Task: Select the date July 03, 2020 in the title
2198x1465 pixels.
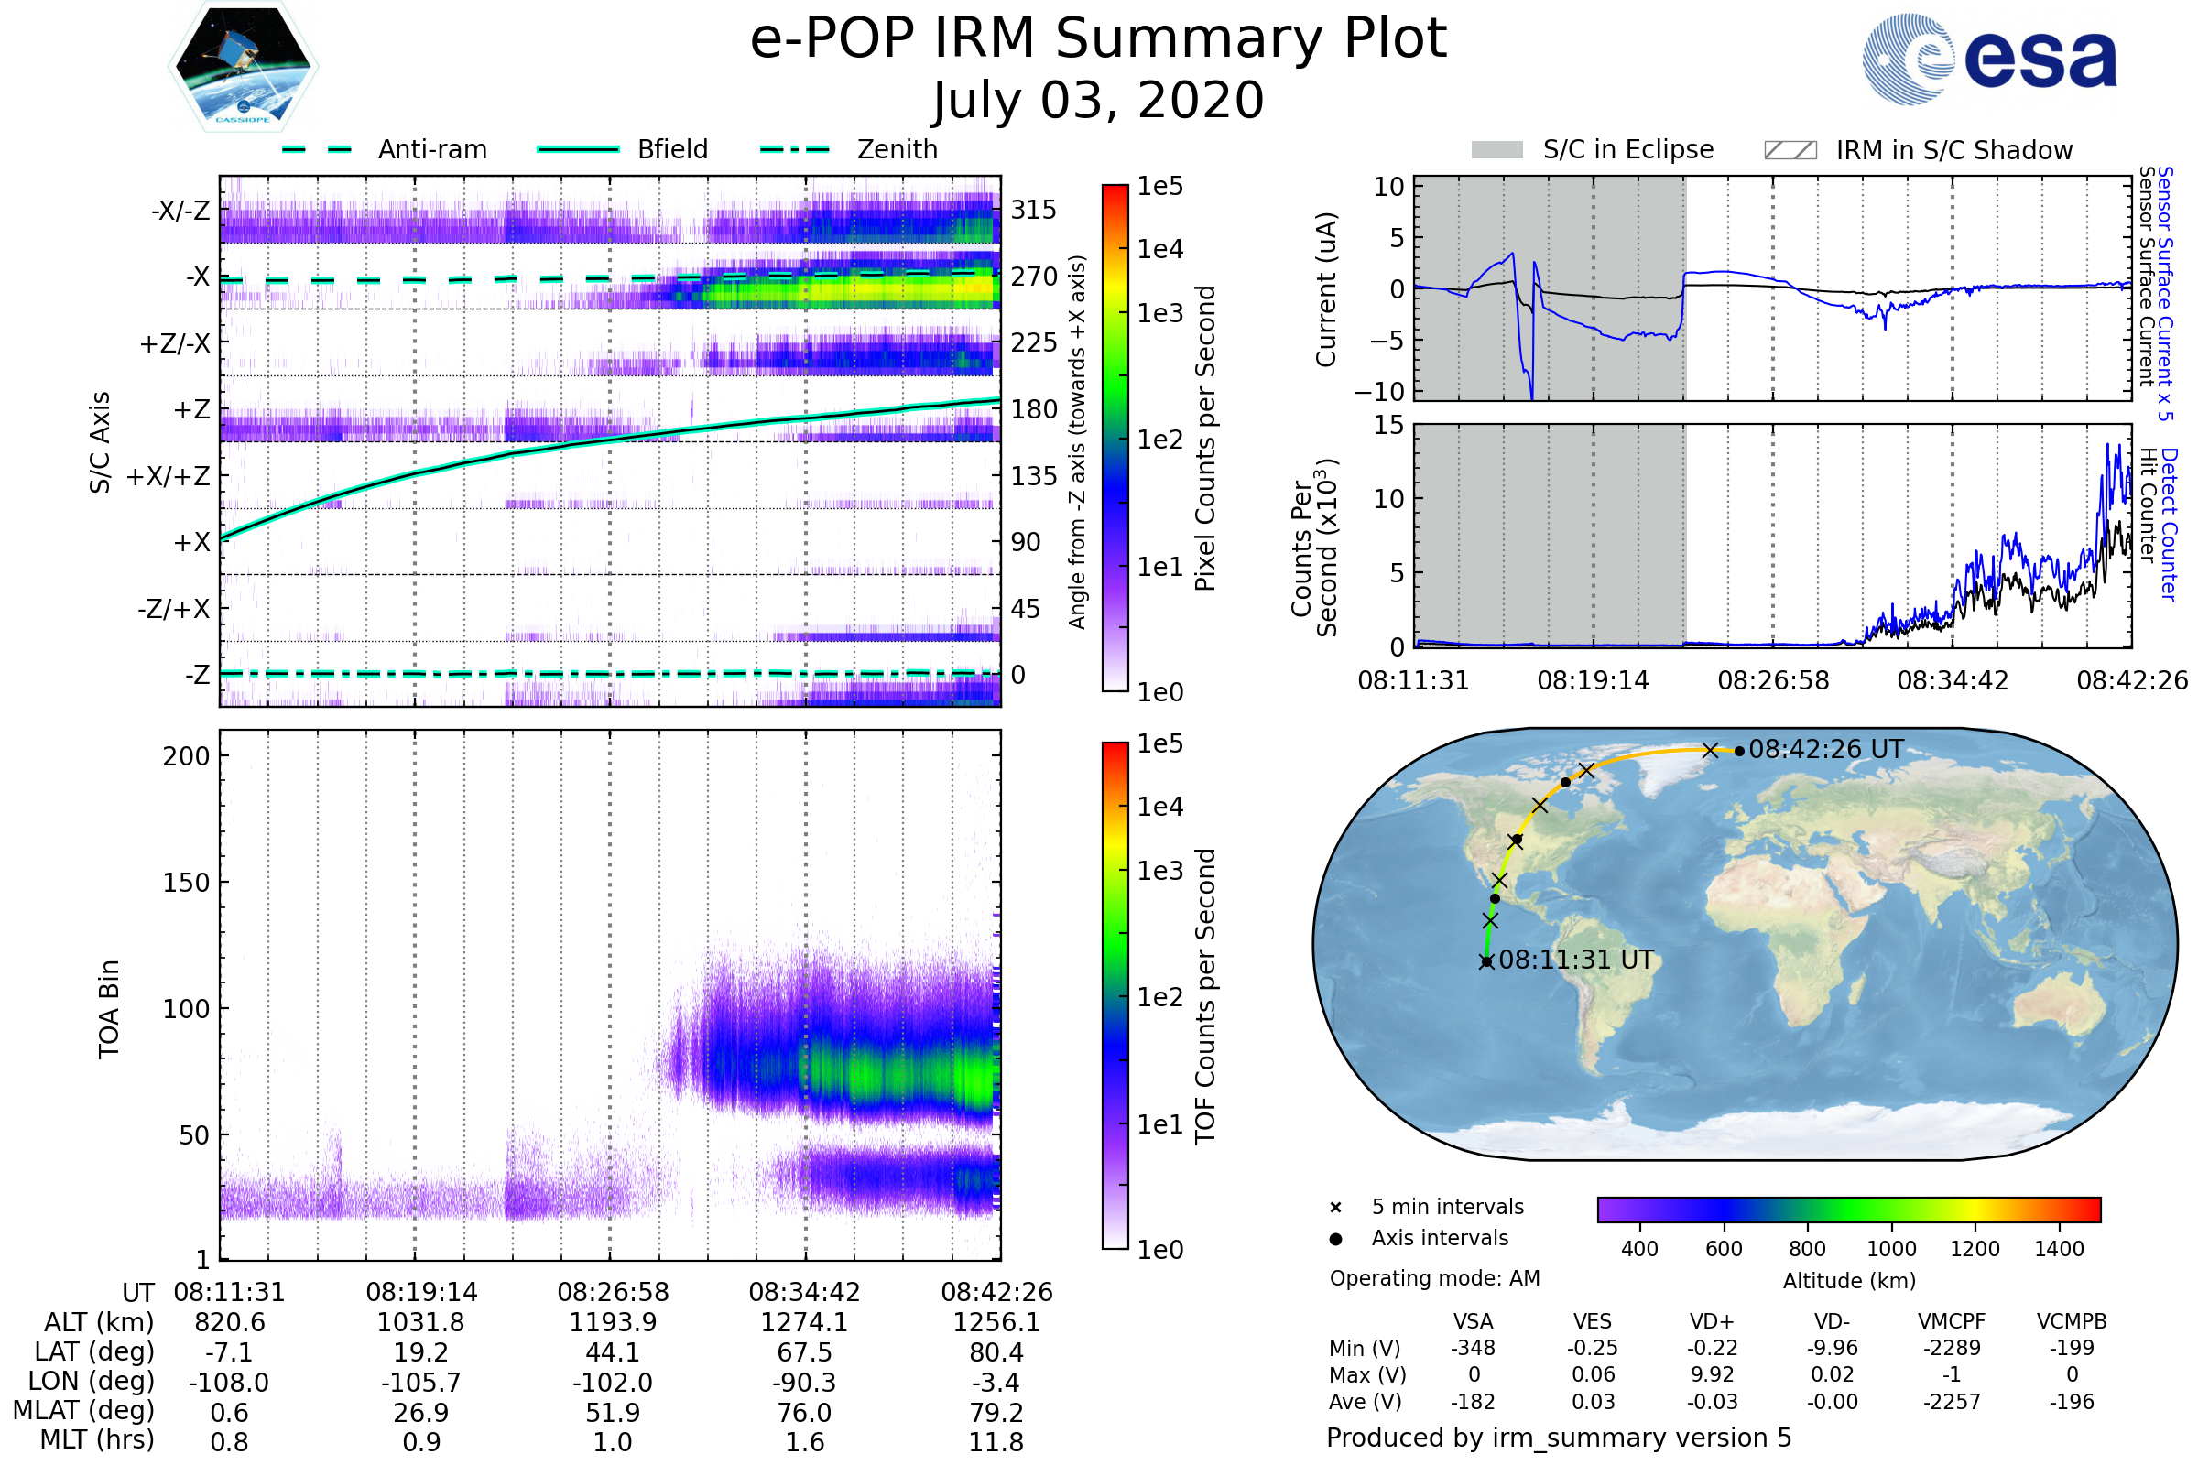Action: pyautogui.click(x=1098, y=101)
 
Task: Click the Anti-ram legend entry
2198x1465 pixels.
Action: pyautogui.click(x=431, y=149)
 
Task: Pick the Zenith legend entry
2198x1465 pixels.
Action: pyautogui.click(x=897, y=149)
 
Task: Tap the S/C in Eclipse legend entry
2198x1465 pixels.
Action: pyautogui.click(x=1627, y=149)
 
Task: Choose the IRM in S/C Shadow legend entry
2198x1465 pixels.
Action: pyautogui.click(x=1953, y=150)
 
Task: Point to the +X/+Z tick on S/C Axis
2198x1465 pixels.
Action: pyautogui.click(x=169, y=476)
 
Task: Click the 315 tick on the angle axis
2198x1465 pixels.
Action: pyautogui.click(x=1034, y=210)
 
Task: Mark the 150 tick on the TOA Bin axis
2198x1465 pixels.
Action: pyautogui.click(x=186, y=883)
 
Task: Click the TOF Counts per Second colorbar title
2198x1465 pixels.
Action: pyautogui.click(x=1205, y=996)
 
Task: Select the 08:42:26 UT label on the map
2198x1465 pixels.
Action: pyautogui.click(x=1825, y=749)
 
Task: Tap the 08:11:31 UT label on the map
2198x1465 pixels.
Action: pyautogui.click(x=1575, y=960)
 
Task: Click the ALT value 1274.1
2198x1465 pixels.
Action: pyautogui.click(x=804, y=1322)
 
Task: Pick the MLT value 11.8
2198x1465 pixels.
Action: pyautogui.click(x=996, y=1441)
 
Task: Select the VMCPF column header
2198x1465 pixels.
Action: pyautogui.click(x=1952, y=1321)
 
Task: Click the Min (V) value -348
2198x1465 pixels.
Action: pyautogui.click(x=1473, y=1347)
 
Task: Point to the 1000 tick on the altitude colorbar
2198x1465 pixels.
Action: pyautogui.click(x=1890, y=1248)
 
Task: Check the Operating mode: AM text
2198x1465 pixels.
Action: pyautogui.click(x=1434, y=1277)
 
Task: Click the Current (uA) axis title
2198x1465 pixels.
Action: pyautogui.click(x=1326, y=288)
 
